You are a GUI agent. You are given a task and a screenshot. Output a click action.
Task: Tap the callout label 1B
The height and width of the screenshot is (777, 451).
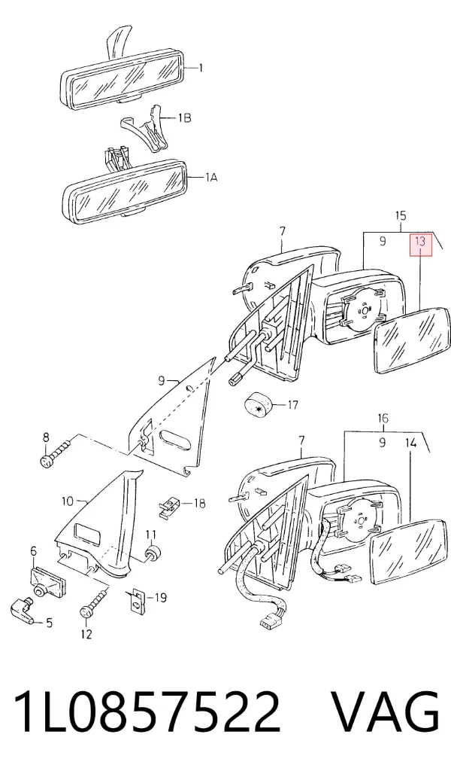click(184, 118)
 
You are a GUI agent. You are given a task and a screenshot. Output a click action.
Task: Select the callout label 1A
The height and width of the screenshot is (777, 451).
click(211, 177)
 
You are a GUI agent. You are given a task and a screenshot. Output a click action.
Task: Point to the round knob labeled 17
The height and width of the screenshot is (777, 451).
click(259, 405)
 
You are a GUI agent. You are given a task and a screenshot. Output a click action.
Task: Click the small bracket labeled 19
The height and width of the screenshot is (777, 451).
click(133, 601)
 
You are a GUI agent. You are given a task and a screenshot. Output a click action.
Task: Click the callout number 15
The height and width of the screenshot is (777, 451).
click(401, 215)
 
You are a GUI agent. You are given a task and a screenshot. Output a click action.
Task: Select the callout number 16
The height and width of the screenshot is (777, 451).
click(383, 419)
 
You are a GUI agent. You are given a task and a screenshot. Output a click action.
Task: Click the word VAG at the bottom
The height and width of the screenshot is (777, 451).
click(385, 711)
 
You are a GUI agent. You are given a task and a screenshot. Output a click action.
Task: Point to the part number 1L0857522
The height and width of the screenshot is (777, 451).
click(147, 711)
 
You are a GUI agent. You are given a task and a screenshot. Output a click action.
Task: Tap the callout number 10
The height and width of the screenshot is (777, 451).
click(67, 501)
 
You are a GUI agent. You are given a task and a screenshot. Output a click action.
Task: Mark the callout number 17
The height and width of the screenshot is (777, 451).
click(292, 405)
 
